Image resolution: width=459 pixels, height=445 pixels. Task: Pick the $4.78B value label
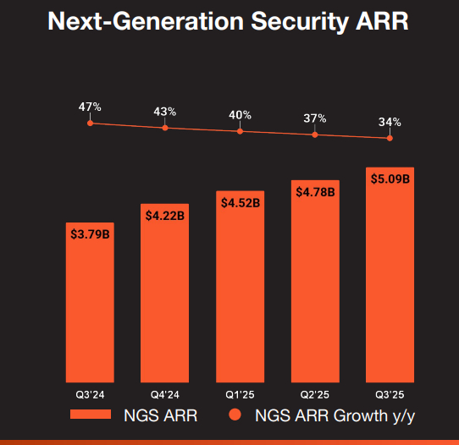coord(315,192)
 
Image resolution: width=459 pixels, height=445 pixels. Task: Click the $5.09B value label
coord(390,179)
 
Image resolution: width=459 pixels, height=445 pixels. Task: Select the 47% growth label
coord(90,107)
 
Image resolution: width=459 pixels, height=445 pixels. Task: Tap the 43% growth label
coord(165,112)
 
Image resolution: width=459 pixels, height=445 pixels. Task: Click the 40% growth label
coord(241,115)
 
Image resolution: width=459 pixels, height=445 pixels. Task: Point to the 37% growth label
coord(315,118)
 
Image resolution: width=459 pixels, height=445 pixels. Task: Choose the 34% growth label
coord(390,122)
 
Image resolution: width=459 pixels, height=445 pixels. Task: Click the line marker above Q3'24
coord(90,124)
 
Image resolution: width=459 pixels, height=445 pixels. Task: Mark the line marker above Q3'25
coord(390,138)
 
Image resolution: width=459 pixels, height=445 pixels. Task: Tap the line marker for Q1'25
coord(241,131)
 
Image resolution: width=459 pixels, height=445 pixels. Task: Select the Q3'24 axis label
coord(90,394)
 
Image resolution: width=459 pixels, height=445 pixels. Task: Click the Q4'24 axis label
coord(164,394)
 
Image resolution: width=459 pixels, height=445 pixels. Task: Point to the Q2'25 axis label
coord(315,394)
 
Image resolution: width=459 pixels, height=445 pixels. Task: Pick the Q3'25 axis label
coord(390,394)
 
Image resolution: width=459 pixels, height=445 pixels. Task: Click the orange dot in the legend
coord(236,415)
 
